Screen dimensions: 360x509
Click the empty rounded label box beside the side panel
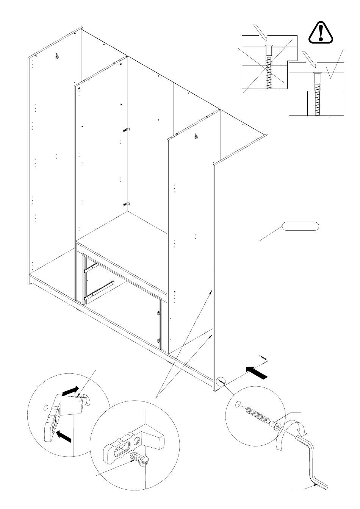[x=300, y=227]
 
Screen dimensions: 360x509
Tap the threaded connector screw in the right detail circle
[x=261, y=418]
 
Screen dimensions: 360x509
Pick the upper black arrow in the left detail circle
[x=70, y=391]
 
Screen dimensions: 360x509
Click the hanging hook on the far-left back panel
[x=57, y=56]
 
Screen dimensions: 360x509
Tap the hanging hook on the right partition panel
[x=196, y=137]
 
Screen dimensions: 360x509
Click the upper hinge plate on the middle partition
[x=125, y=130]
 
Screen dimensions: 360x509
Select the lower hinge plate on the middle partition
[x=125, y=205]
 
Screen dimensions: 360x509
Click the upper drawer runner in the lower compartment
[x=90, y=269]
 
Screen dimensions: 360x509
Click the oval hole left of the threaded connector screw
[x=237, y=405]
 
